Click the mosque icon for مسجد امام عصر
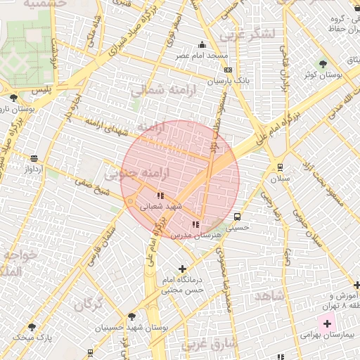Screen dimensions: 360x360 click(x=202, y=45)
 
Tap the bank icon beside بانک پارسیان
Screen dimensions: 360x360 click(x=228, y=70)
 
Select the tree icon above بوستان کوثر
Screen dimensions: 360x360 click(x=323, y=63)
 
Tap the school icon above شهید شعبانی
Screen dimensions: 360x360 click(x=160, y=195)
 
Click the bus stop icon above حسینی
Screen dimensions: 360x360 click(x=237, y=217)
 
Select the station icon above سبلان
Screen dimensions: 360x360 click(x=280, y=167)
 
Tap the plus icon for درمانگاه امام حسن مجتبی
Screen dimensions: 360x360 click(x=183, y=268)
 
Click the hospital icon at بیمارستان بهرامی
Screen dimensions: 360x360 click(x=327, y=324)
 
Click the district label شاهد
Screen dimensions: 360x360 click(x=269, y=296)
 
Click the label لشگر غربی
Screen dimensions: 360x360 click(x=245, y=34)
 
